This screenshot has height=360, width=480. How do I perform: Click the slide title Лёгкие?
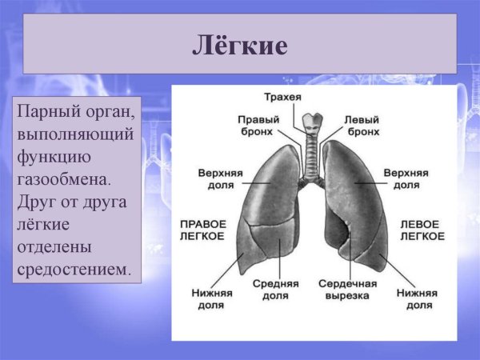[239, 45]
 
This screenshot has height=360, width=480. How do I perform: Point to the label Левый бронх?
[362, 125]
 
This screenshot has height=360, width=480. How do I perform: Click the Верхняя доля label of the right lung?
[216, 178]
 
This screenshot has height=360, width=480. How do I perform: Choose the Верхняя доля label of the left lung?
[406, 178]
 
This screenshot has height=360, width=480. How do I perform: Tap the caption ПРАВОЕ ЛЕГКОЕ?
[202, 230]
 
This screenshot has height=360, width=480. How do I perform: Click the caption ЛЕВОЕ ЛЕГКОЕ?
[422, 230]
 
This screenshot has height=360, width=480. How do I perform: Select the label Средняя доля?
[275, 290]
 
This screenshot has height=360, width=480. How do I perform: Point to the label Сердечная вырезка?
[343, 290]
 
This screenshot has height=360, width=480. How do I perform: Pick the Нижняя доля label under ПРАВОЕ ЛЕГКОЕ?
[211, 299]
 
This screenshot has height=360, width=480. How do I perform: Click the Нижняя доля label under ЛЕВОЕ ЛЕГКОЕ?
[417, 299]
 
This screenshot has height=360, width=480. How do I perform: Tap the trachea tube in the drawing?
[310, 144]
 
